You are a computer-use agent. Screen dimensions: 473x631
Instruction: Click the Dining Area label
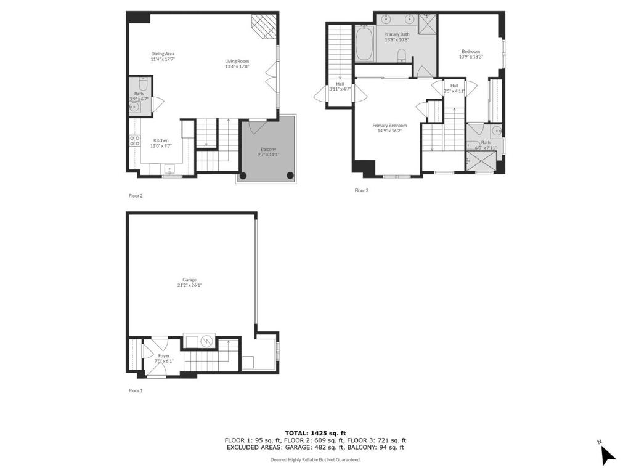point(163,54)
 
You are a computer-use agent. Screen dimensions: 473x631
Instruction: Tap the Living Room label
point(236,61)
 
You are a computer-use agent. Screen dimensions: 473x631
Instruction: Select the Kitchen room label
point(161,140)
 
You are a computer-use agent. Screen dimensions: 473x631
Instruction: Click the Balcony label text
point(268,150)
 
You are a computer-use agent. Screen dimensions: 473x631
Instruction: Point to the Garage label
point(189,280)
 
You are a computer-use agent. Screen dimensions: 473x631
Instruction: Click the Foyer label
point(163,356)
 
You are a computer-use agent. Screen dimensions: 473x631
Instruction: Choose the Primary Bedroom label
point(389,126)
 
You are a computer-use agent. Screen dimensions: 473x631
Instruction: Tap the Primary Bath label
point(396,34)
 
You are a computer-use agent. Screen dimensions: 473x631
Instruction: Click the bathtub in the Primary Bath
point(364,43)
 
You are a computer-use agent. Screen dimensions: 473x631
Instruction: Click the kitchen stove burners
point(135,139)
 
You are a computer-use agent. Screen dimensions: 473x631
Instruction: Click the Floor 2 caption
point(136,196)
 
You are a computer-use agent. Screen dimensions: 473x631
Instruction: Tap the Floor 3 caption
point(361,190)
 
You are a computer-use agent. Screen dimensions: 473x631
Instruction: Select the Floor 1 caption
point(136,390)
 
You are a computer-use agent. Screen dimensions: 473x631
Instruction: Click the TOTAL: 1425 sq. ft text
point(315,433)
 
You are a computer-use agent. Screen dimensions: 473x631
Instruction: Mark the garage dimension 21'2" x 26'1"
point(189,285)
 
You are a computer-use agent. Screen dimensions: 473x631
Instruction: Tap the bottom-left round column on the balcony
point(243,176)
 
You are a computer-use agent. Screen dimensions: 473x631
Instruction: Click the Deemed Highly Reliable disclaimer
point(315,459)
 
